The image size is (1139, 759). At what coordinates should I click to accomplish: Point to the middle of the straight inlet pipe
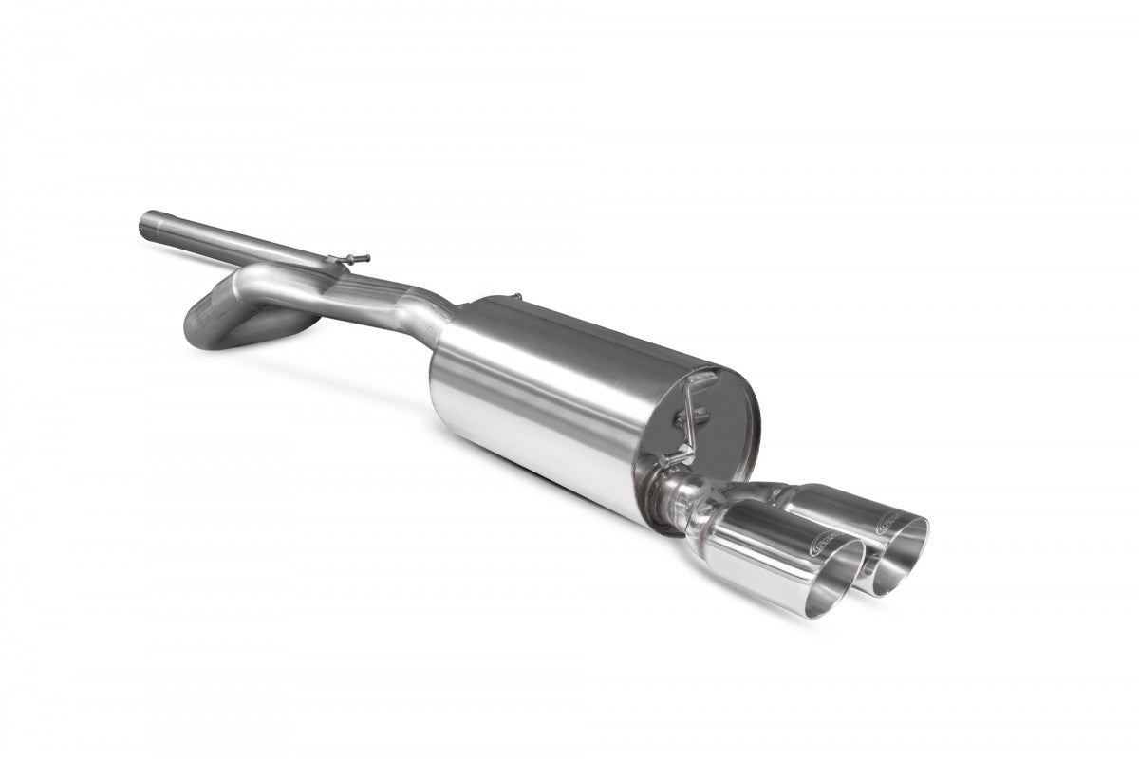(237, 238)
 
